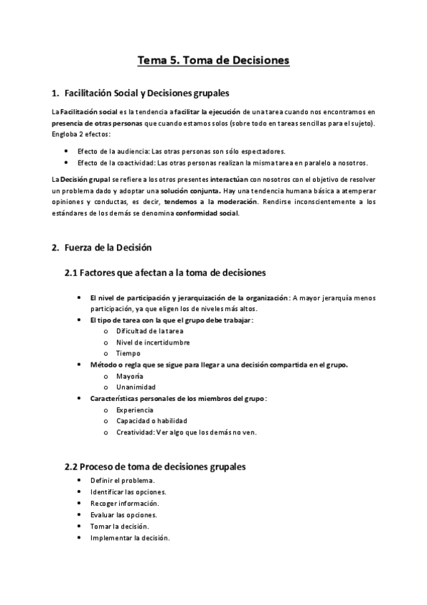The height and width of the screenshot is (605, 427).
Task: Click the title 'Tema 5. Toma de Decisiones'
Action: tap(213, 61)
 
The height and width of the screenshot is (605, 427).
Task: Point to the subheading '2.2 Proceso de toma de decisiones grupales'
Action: tap(155, 467)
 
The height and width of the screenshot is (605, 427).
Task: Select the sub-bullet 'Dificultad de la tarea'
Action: tap(150, 331)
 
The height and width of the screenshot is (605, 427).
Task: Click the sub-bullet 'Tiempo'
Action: tap(128, 353)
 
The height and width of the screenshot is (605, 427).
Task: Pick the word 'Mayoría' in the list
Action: tap(130, 375)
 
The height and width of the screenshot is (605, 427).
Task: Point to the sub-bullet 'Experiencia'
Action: tap(134, 410)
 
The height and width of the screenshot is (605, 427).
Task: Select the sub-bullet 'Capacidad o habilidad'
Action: tap(147, 420)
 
